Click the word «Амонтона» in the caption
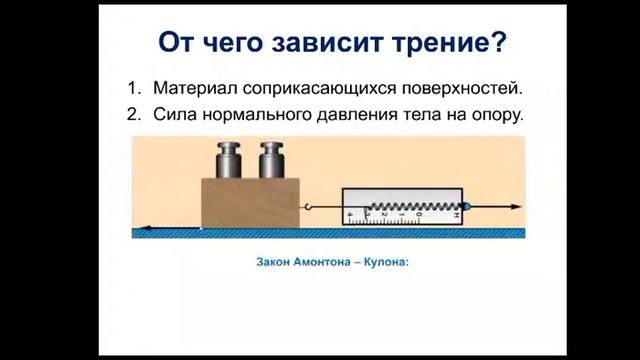click(317, 265)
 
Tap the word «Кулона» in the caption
click(386, 265)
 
